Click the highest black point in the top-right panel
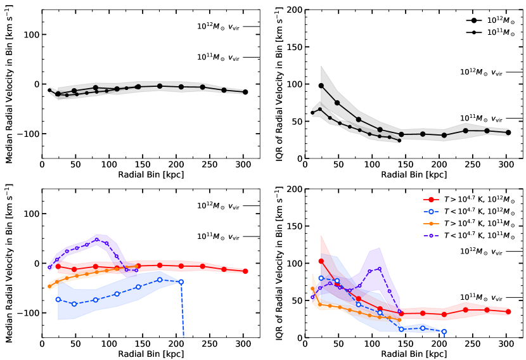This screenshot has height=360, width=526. (x=321, y=86)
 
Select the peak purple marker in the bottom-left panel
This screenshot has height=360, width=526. (x=97, y=240)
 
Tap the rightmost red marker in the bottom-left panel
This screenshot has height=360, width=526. (x=245, y=271)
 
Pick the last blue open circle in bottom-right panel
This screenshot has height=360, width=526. (x=444, y=331)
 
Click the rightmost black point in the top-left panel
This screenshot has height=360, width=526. (x=245, y=92)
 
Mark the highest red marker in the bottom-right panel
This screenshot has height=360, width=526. (x=321, y=261)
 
